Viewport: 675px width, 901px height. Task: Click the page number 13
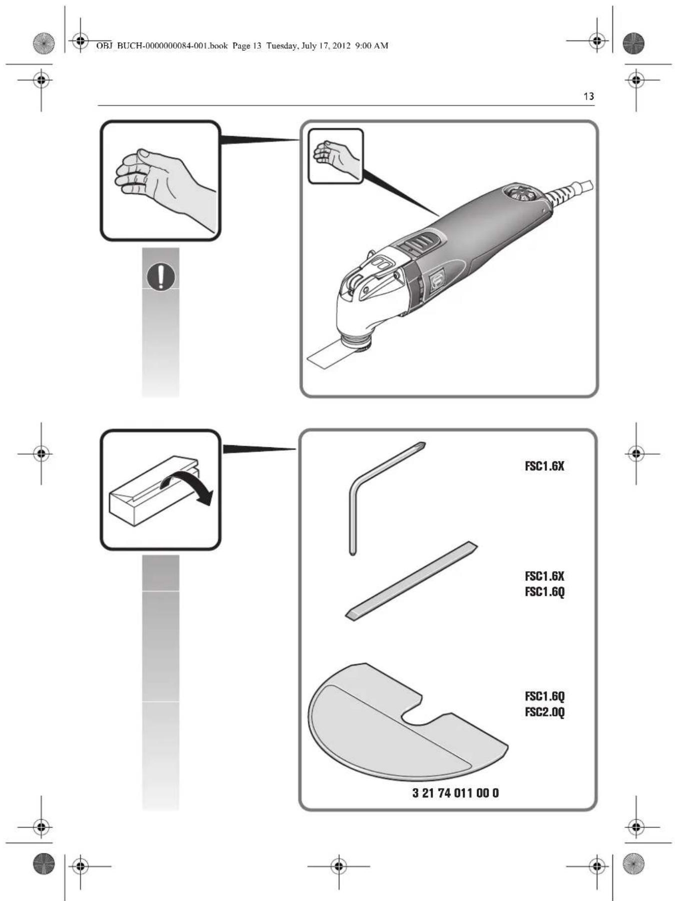click(x=588, y=96)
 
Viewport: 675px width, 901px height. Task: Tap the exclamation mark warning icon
click(x=160, y=276)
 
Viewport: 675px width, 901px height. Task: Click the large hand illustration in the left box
click(x=160, y=185)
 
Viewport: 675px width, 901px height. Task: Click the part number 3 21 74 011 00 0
click(x=455, y=792)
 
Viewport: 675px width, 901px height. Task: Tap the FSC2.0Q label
click(x=544, y=712)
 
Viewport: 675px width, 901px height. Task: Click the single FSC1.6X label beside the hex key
click(x=544, y=466)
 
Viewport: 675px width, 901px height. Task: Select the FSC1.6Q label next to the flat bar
click(x=544, y=592)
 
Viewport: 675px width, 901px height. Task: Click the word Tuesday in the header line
click(x=282, y=46)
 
